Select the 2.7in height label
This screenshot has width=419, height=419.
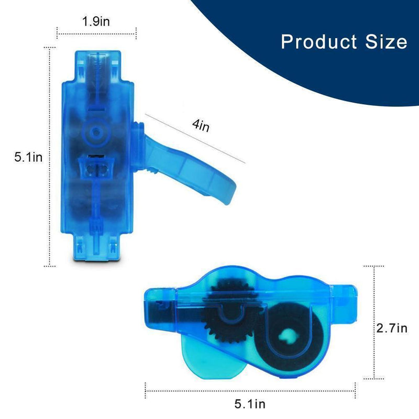click(392, 328)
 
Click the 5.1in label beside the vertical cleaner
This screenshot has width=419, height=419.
click(28, 157)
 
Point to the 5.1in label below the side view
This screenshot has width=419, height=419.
click(250, 403)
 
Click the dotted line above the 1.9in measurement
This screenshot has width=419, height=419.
click(96, 35)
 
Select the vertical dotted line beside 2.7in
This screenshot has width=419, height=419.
click(373, 322)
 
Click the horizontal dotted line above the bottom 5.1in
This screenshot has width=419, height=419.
click(250, 389)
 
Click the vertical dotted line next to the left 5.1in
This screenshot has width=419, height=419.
click(50, 157)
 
